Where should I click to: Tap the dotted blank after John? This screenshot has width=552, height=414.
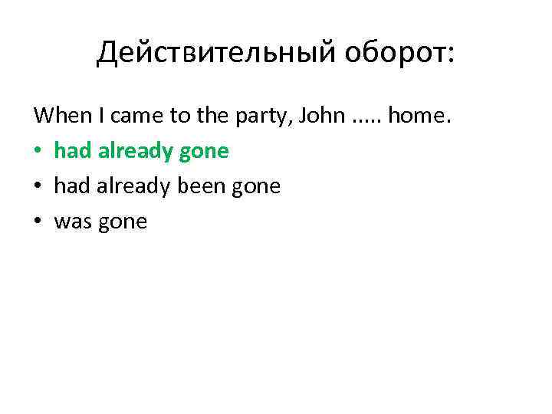click(367, 121)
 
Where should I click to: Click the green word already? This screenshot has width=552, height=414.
click(133, 152)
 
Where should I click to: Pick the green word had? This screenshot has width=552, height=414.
click(72, 151)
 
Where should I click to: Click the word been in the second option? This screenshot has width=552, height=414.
click(204, 187)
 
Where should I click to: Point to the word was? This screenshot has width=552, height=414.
click(73, 222)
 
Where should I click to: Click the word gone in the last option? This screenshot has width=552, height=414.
click(121, 223)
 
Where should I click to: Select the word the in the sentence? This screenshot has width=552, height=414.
click(211, 116)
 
